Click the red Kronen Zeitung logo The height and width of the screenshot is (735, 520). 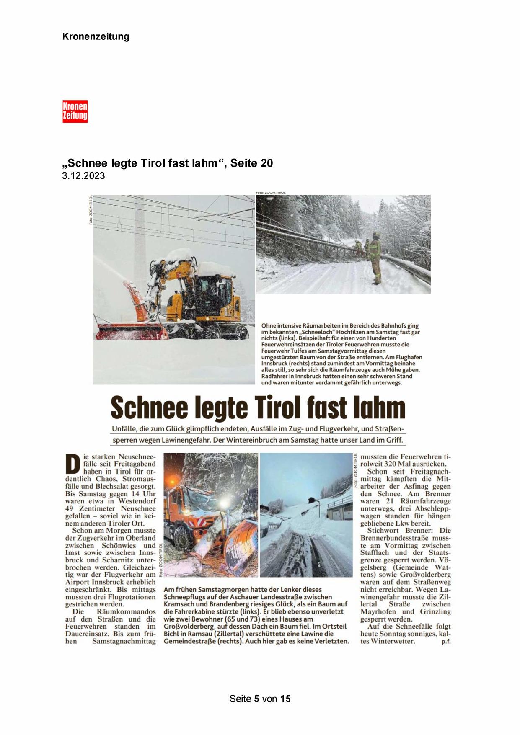click(x=75, y=111)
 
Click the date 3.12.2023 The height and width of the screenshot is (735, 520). click(x=83, y=176)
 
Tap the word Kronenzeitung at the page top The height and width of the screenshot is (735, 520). click(x=96, y=36)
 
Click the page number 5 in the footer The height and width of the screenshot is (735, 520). click(x=256, y=699)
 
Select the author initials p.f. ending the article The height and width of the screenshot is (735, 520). click(x=446, y=642)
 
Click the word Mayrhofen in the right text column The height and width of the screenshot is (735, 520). click(x=378, y=611)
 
